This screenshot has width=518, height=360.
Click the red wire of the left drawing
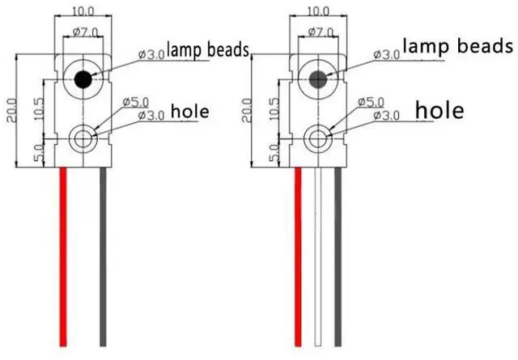(62, 259)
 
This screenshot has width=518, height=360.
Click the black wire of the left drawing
(103, 259)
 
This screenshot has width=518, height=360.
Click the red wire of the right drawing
(299, 259)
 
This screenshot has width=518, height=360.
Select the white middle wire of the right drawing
(318, 259)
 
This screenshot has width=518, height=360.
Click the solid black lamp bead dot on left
(82, 78)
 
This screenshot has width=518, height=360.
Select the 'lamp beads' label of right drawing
(458, 46)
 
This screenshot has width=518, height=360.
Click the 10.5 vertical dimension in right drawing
(273, 108)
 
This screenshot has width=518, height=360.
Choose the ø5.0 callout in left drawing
(135, 103)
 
